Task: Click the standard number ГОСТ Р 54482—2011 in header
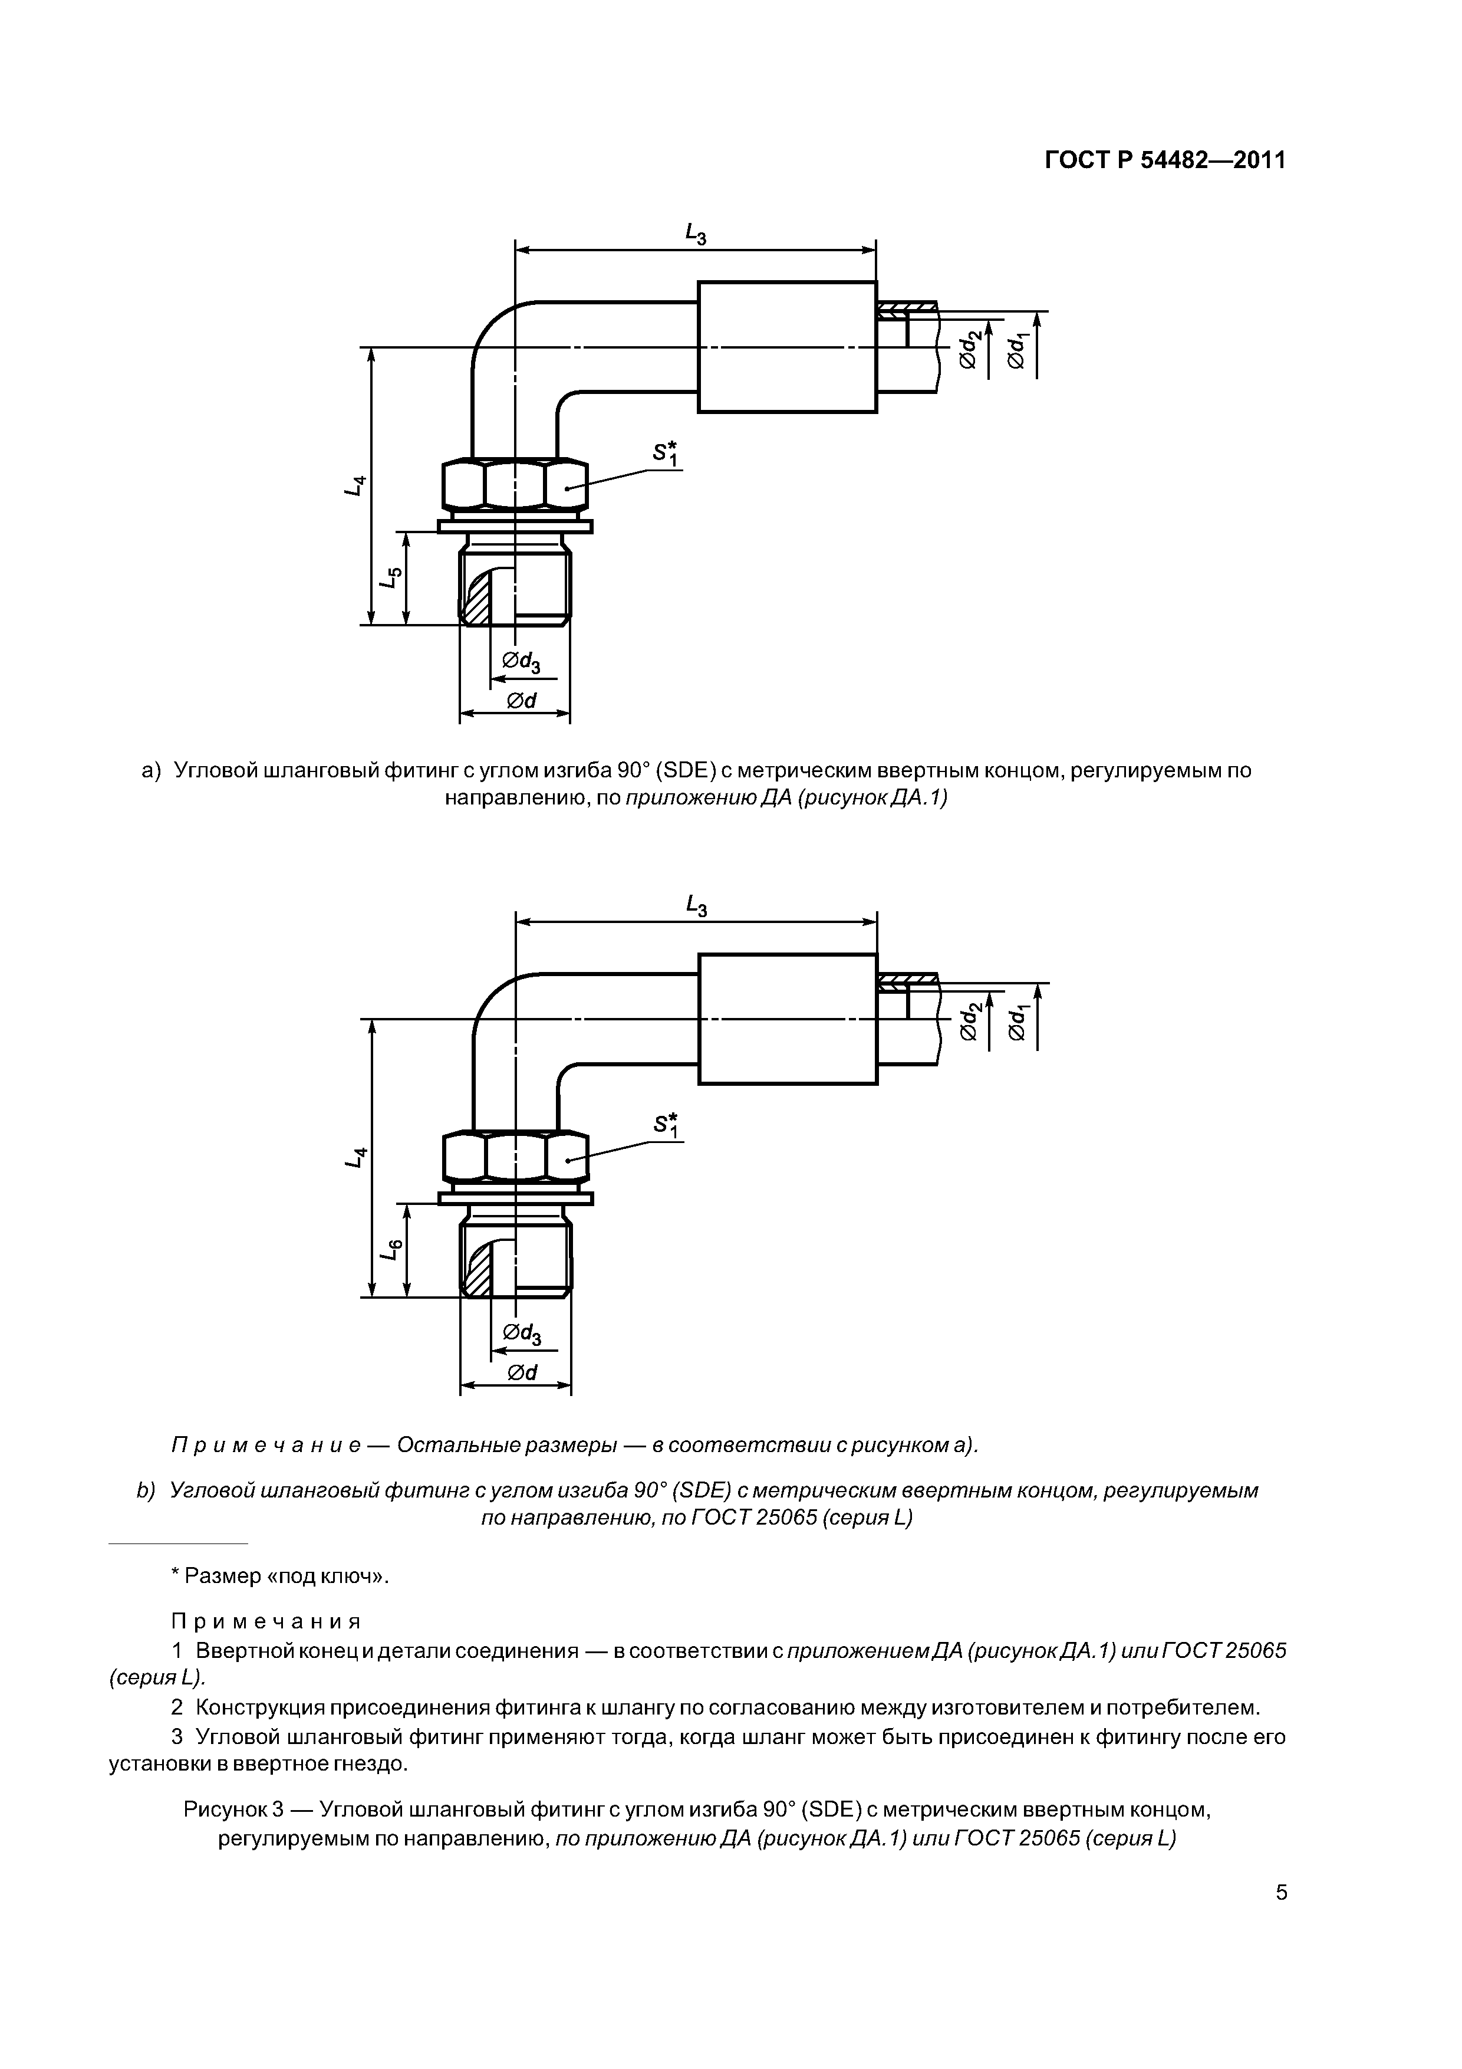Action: pyautogui.click(x=1165, y=160)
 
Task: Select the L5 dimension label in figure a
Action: pyautogui.click(x=389, y=577)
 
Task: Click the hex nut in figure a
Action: pyautogui.click(x=515, y=486)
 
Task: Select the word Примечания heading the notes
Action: pyautogui.click(x=266, y=1622)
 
